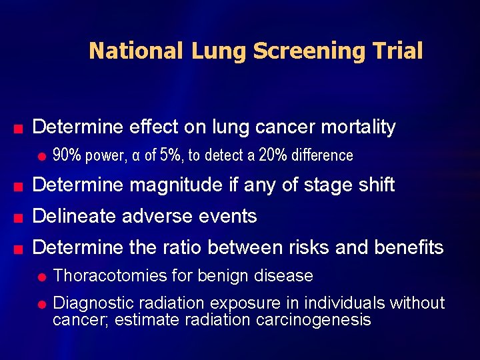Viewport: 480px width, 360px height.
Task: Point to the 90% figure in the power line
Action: pyautogui.click(x=67, y=155)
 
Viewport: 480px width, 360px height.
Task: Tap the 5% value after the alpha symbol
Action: pyautogui.click(x=173, y=155)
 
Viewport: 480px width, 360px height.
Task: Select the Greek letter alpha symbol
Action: pyautogui.click(x=136, y=156)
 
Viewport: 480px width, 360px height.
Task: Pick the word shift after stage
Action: pyautogui.click(x=375, y=185)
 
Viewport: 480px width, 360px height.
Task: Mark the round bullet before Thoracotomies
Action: pyautogui.click(x=41, y=277)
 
